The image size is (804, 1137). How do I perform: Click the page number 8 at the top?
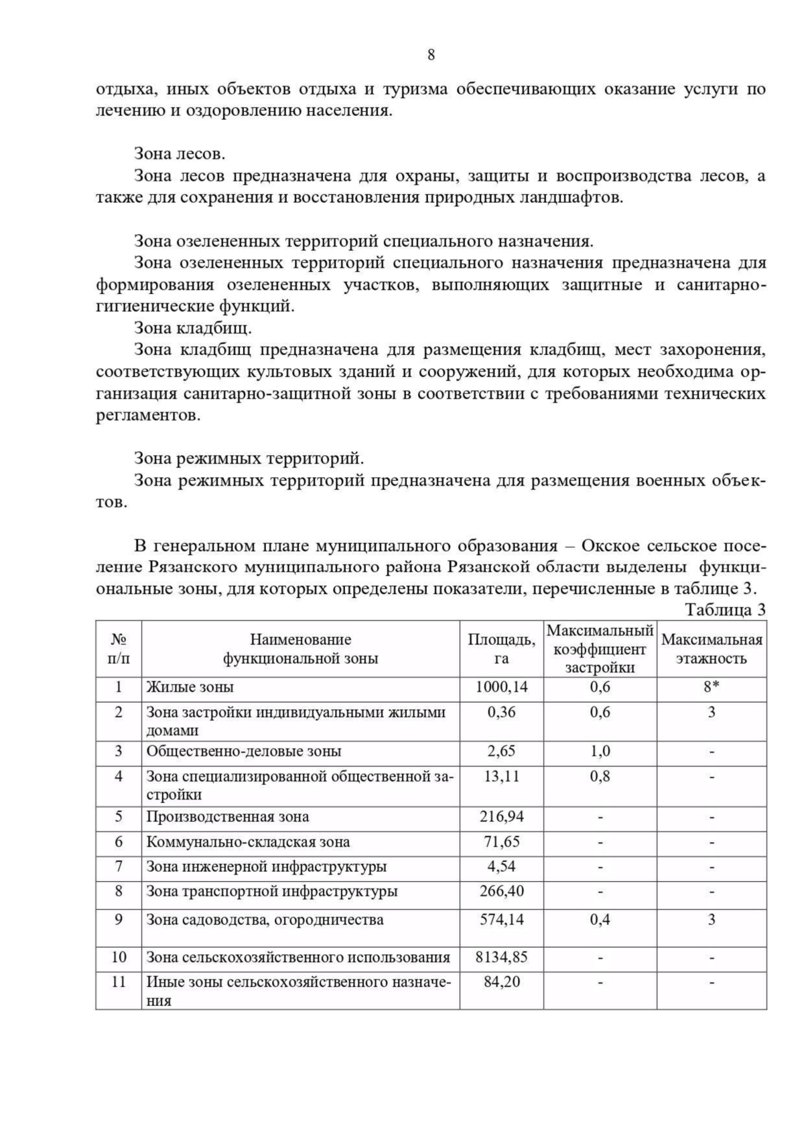click(431, 55)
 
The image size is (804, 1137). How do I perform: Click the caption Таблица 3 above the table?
click(724, 610)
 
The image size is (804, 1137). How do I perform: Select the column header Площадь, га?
click(501, 649)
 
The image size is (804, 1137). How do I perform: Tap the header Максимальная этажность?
click(712, 649)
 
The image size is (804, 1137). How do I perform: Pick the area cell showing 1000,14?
click(501, 687)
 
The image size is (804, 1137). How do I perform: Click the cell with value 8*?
click(712, 687)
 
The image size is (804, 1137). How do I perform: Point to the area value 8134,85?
click(501, 957)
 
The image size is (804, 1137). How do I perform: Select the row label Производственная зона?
click(228, 816)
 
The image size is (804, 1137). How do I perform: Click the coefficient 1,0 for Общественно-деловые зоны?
click(600, 751)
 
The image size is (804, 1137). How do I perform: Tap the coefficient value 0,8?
click(600, 777)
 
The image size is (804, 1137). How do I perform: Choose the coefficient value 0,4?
click(600, 919)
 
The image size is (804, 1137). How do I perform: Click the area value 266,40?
click(501, 891)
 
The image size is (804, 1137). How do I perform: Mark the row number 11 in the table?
click(119, 982)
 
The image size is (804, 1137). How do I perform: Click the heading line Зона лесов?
click(180, 154)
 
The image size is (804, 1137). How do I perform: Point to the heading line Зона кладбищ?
click(193, 328)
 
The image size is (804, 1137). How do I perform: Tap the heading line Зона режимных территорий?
click(249, 459)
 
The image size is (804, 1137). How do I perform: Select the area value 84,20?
click(501, 982)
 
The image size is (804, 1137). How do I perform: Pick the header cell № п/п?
click(119, 649)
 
